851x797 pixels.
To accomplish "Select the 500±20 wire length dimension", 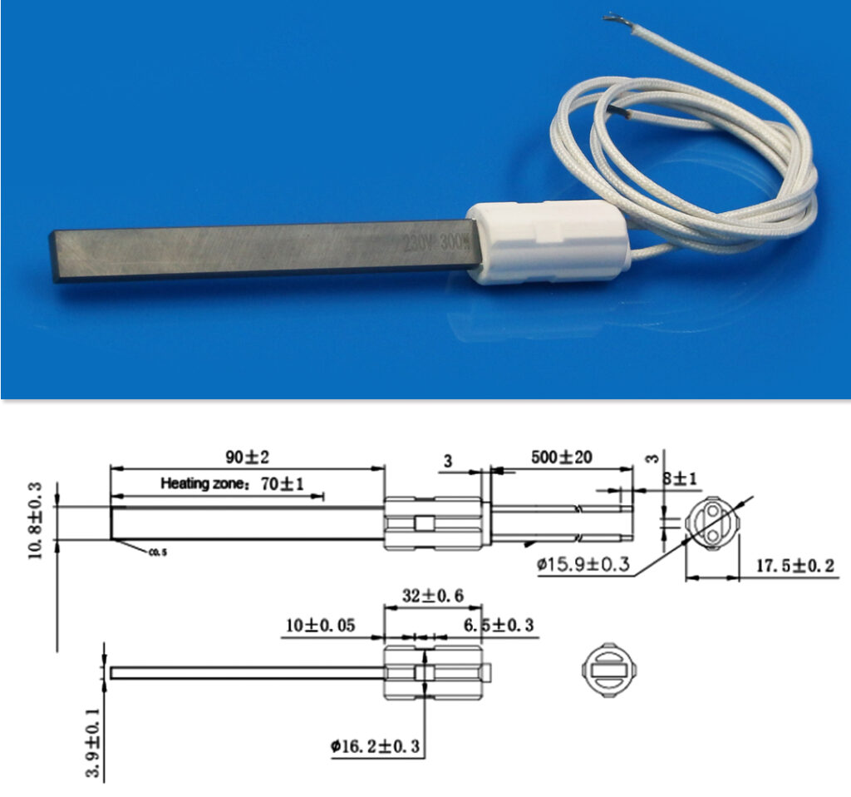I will coord(562,458).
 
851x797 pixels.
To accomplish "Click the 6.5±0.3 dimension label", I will coord(499,625).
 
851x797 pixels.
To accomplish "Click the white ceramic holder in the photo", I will coord(548,241).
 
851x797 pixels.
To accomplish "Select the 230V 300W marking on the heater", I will coord(433,243).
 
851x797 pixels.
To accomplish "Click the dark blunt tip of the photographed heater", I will coord(58,257).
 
